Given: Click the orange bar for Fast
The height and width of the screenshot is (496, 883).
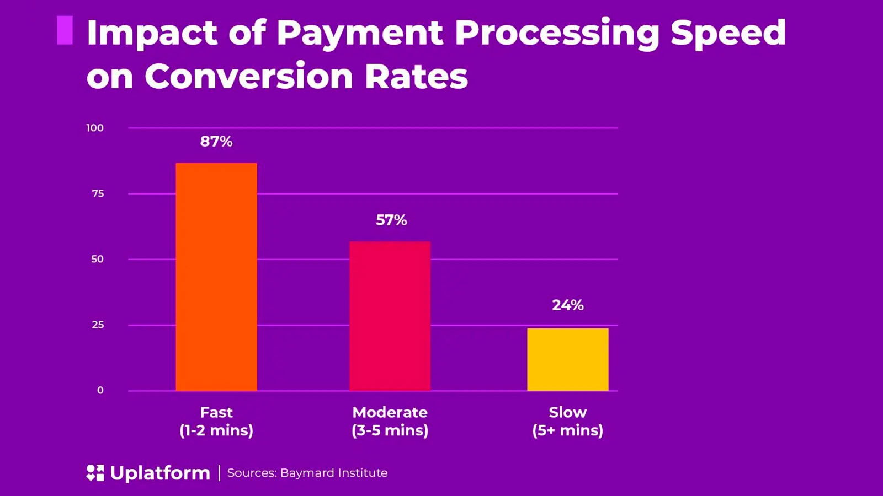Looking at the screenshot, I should pyautogui.click(x=216, y=277).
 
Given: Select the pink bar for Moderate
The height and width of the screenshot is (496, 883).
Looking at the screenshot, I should pyautogui.click(x=390, y=316).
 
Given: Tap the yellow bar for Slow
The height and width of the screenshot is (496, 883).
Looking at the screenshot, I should pyautogui.click(x=568, y=359).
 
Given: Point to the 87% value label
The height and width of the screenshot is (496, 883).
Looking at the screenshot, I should pyautogui.click(x=216, y=142).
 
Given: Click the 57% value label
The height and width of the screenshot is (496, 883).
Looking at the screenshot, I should pyautogui.click(x=391, y=220).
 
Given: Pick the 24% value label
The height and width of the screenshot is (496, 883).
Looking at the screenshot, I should pyautogui.click(x=568, y=305).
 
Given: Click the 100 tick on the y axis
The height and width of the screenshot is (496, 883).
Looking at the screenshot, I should pyautogui.click(x=95, y=128).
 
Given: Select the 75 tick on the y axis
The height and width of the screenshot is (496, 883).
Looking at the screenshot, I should pyautogui.click(x=98, y=193).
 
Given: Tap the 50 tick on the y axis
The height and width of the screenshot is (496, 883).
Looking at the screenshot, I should pyautogui.click(x=97, y=259).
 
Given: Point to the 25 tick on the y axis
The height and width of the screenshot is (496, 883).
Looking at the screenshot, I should pyautogui.click(x=98, y=325).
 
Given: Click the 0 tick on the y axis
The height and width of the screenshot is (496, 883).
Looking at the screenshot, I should pyautogui.click(x=100, y=390).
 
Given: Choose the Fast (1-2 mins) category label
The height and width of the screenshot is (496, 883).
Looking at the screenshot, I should pyautogui.click(x=216, y=422).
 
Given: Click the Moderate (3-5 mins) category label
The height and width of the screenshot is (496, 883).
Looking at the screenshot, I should pyautogui.click(x=390, y=422).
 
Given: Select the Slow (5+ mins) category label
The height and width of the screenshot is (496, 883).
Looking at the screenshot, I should pyautogui.click(x=568, y=422).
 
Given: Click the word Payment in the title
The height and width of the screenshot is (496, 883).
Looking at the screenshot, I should pyautogui.click(x=360, y=33).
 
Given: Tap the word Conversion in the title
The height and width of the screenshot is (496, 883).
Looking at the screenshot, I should pyautogui.click(x=249, y=76).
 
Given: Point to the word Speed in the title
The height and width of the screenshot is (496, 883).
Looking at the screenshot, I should pyautogui.click(x=728, y=33).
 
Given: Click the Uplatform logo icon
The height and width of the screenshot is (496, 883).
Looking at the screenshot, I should pyautogui.click(x=95, y=473).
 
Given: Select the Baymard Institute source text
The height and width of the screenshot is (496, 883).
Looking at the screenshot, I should pyautogui.click(x=333, y=473).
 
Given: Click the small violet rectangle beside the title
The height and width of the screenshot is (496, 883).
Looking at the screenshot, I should pyautogui.click(x=65, y=30).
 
